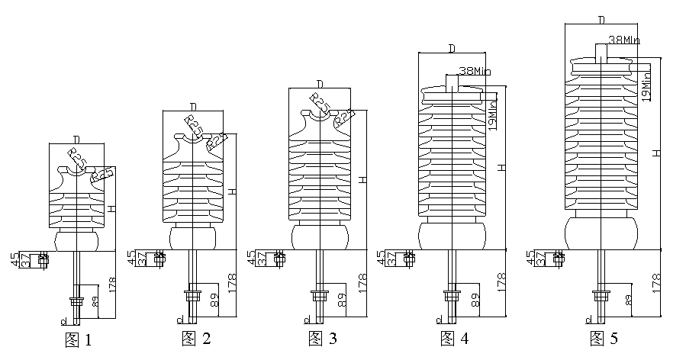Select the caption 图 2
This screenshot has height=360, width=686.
[x=196, y=338]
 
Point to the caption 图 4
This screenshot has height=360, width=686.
[x=454, y=338]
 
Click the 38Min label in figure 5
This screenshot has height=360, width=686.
[x=624, y=40]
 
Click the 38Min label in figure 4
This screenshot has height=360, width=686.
[x=474, y=72]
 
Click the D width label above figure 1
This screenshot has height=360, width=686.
[x=76, y=139]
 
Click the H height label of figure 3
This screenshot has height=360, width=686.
[x=364, y=178]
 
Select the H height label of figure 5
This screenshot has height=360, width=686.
[x=657, y=153]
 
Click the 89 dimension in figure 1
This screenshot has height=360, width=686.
[x=95, y=301]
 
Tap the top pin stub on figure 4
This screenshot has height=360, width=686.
[x=453, y=84]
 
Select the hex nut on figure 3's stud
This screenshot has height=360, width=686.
[x=317, y=292]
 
